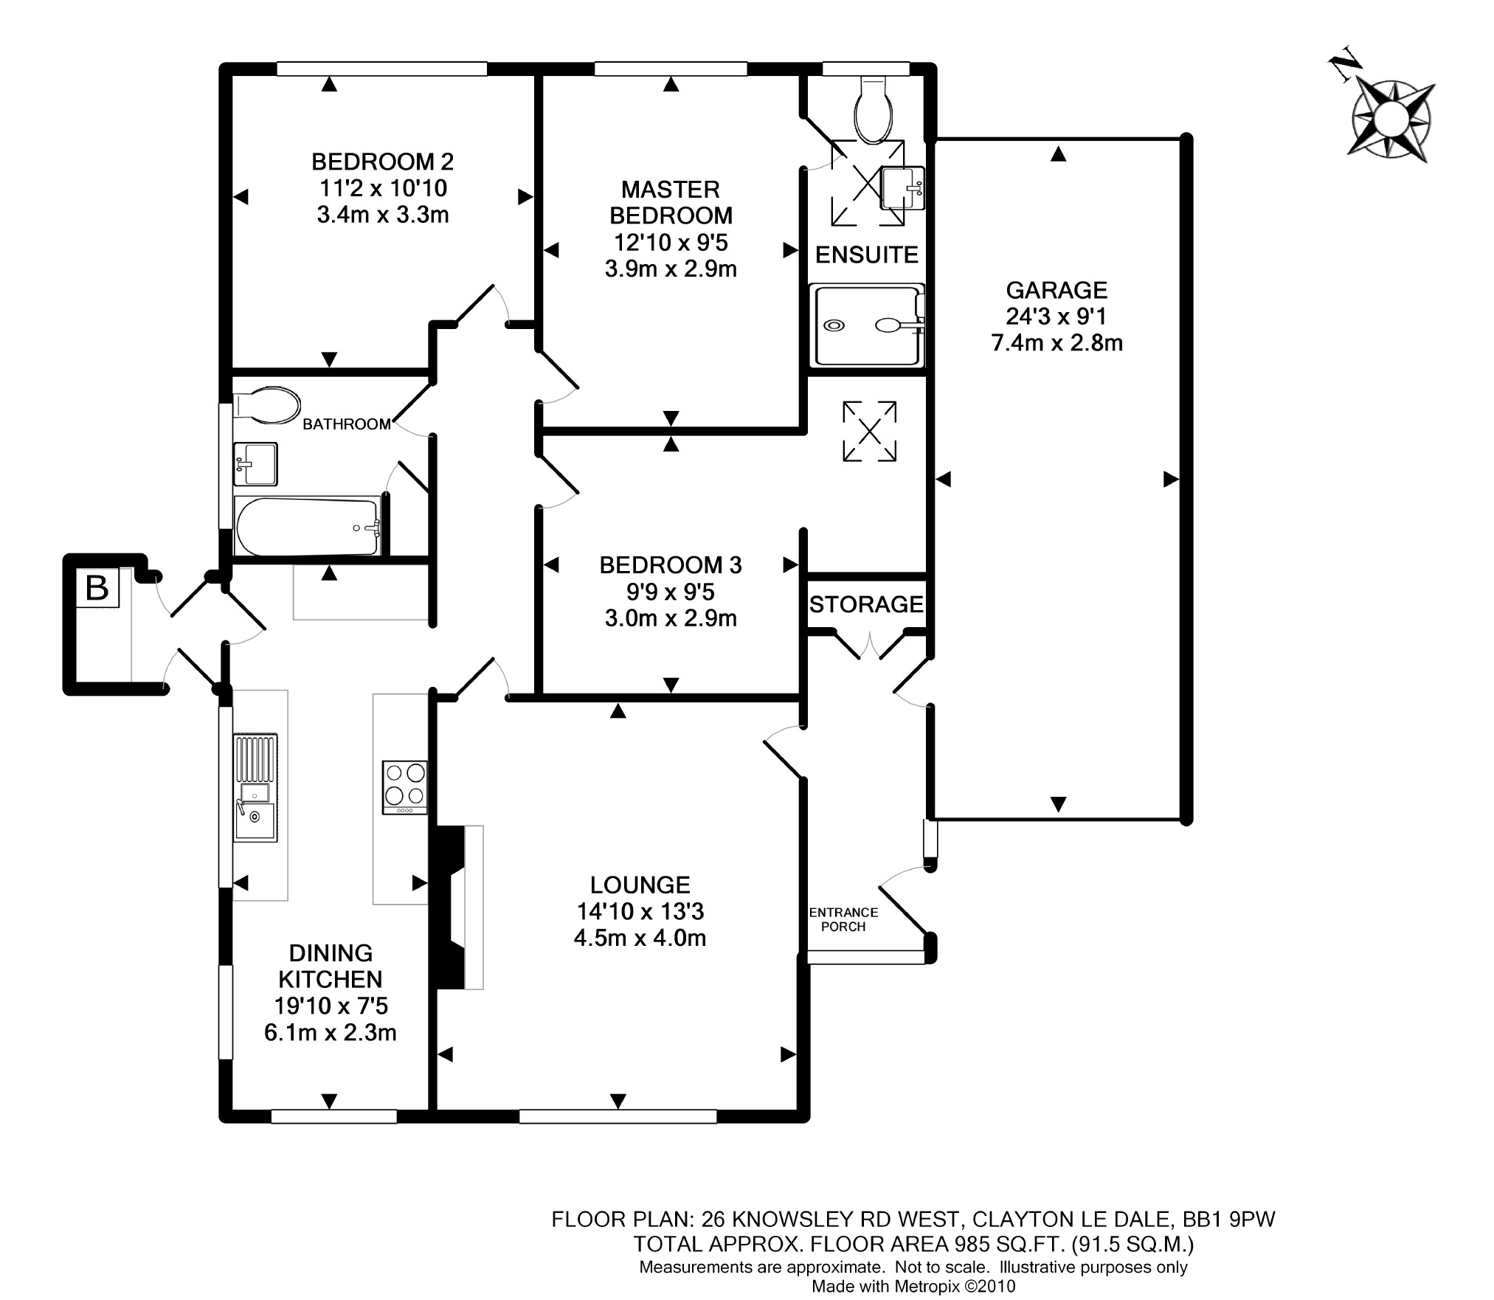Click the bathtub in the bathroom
tap(308, 526)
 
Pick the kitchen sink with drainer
tap(255, 788)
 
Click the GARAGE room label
tap(1056, 290)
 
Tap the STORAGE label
tap(866, 605)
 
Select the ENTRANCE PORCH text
tap(843, 919)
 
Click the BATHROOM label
tap(347, 424)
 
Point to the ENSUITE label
tap(866, 255)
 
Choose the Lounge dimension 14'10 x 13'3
tap(640, 911)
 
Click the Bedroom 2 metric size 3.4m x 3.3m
tap(382, 215)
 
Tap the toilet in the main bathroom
tap(267, 405)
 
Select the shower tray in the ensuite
tap(866, 325)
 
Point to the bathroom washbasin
tap(255, 464)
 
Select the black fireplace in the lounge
tap(450, 907)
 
